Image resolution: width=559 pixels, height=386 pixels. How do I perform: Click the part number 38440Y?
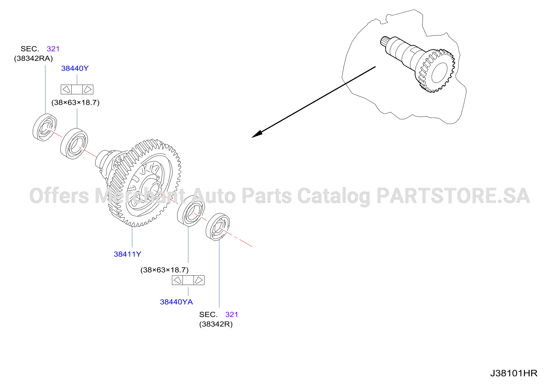[75, 68]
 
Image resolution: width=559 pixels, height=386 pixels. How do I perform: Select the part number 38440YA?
[176, 302]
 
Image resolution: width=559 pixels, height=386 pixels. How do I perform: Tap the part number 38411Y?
[127, 254]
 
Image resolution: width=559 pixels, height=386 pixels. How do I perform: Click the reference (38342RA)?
[33, 59]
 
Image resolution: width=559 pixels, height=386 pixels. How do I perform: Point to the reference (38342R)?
[216, 324]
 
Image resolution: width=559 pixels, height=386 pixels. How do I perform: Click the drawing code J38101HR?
[514, 373]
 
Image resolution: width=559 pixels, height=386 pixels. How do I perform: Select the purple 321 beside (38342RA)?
[53, 49]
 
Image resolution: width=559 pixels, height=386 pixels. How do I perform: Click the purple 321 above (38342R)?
[232, 315]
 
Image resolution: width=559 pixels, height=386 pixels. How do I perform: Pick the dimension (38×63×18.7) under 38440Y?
[76, 102]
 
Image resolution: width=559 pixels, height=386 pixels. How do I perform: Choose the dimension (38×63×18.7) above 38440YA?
[164, 270]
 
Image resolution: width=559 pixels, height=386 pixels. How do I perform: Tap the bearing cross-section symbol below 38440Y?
[77, 89]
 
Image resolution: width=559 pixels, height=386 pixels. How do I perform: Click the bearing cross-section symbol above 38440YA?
[188, 280]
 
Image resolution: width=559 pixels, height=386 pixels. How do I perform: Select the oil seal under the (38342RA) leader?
[45, 127]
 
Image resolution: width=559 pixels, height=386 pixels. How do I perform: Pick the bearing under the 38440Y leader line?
[74, 144]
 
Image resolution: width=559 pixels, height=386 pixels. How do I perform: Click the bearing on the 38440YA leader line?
[191, 211]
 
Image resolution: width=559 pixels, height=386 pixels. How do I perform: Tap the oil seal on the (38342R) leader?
[218, 227]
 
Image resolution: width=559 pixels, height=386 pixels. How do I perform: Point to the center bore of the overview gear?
[439, 73]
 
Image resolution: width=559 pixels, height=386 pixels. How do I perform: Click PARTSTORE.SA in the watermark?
[453, 196]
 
